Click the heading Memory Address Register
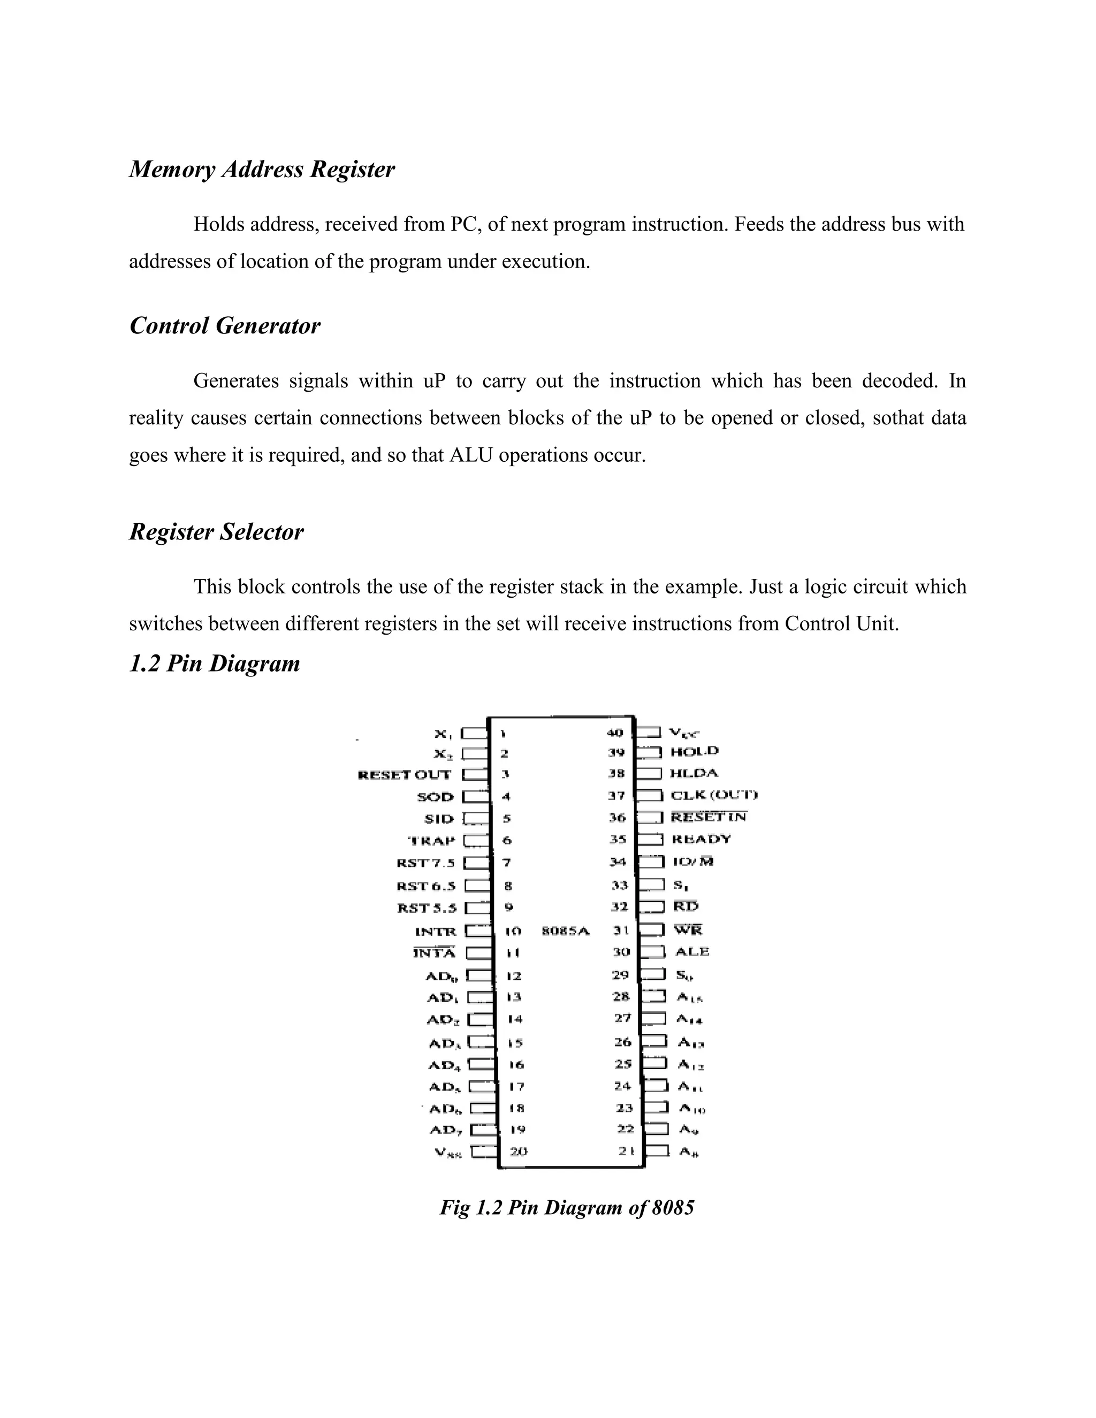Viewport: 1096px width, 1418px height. [262, 170]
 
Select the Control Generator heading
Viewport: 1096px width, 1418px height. [225, 326]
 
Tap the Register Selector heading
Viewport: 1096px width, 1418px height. [216, 532]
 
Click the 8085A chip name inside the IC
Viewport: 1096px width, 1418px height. [566, 931]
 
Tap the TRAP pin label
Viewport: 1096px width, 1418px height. [432, 841]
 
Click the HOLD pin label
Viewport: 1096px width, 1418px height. [694, 751]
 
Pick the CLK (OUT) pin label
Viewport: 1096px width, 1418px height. [713, 795]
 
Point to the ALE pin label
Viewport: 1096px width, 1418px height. [692, 951]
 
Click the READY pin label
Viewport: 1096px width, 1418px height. [701, 839]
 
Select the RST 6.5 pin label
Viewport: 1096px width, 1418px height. [427, 886]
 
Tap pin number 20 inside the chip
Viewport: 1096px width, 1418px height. [518, 1151]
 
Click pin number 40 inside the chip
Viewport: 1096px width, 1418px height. [614, 733]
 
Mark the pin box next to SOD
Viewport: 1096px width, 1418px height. [475, 796]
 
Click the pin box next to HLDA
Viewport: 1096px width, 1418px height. [649, 773]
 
